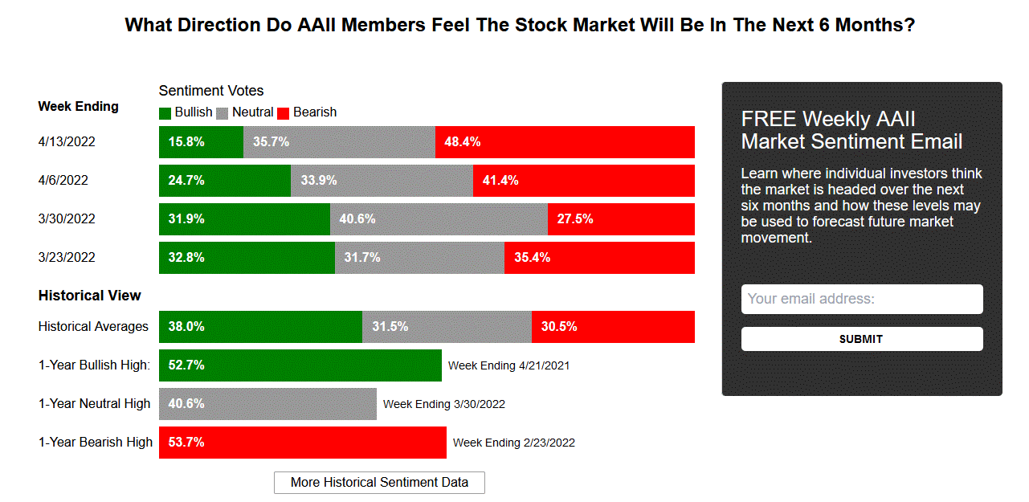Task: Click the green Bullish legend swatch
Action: pyautogui.click(x=165, y=113)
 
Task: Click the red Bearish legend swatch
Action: pyautogui.click(x=284, y=113)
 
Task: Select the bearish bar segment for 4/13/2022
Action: pyautogui.click(x=565, y=142)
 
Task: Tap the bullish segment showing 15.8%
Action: pyautogui.click(x=201, y=142)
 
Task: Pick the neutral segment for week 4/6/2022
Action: pyautogui.click(x=382, y=181)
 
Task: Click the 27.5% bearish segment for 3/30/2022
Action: pyautogui.click(x=621, y=219)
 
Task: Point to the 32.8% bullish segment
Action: pyautogui.click(x=247, y=258)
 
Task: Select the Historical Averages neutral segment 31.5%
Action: pyautogui.click(x=447, y=327)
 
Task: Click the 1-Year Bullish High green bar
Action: pyautogui.click(x=300, y=365)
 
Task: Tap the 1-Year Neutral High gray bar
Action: pyautogui.click(x=267, y=404)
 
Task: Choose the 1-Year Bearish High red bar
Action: pyautogui.click(x=302, y=443)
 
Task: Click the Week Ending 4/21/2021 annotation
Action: pyautogui.click(x=508, y=365)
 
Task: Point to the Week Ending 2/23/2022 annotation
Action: pyautogui.click(x=514, y=443)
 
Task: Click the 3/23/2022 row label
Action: pyautogui.click(x=67, y=258)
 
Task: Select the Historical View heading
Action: pyautogui.click(x=89, y=296)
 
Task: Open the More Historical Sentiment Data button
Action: pyautogui.click(x=379, y=483)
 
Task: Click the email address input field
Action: pyautogui.click(x=862, y=299)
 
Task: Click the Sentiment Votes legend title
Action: pyautogui.click(x=211, y=91)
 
